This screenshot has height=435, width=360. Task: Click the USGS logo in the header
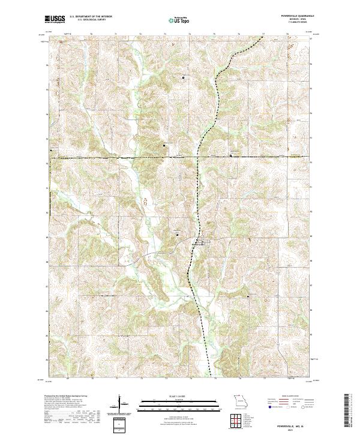[54, 19]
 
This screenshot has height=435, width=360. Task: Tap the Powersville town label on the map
[198, 243]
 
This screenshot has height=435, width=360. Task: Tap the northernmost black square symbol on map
[184, 78]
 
